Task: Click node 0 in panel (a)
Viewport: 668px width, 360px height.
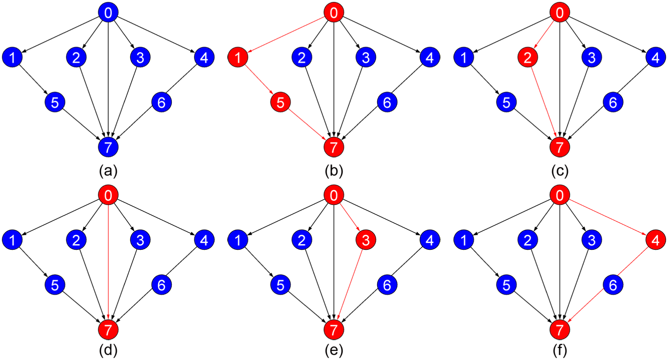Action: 108,13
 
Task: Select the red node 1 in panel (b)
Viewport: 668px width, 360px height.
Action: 238,57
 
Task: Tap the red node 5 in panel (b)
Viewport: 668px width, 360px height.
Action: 281,102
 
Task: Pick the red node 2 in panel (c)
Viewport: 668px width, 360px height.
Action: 528,57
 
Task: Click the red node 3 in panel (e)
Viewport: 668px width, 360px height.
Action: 366,240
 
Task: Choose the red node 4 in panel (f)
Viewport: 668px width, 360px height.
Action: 655,240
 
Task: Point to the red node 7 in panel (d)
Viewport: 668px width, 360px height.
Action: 108,330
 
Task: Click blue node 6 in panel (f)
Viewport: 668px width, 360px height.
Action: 613,285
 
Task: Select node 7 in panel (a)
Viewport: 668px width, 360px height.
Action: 108,147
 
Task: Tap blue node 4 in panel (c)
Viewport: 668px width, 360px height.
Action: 655,57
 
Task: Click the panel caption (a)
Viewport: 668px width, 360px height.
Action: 108,171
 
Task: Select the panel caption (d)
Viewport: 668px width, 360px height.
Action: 108,350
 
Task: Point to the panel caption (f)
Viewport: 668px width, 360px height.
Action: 560,350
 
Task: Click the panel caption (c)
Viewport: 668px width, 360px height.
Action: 560,171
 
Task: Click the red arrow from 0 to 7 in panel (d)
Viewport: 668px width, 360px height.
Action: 108,262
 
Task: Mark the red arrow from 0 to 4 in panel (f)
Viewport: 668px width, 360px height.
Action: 608,218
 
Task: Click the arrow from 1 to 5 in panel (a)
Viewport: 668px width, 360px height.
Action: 34,80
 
